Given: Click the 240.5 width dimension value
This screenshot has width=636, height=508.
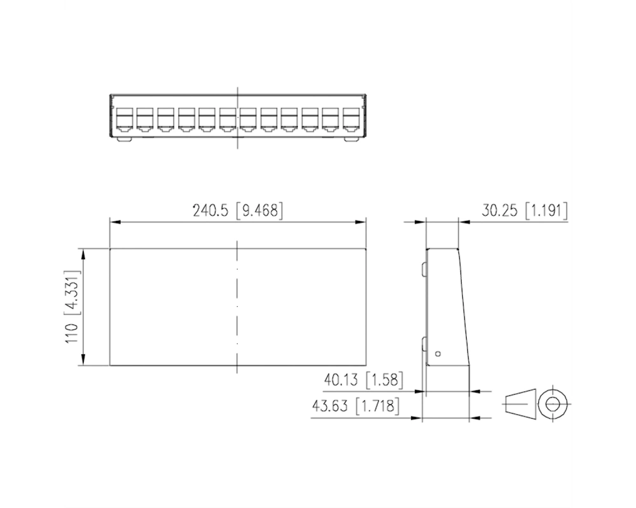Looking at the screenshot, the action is (211, 211).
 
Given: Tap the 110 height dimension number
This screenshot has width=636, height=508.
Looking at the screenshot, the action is (73, 333).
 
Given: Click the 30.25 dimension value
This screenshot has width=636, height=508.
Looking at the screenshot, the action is (499, 210).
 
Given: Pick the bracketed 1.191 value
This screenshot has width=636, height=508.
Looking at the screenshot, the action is (546, 211).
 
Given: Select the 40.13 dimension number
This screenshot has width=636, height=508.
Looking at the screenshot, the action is (341, 380).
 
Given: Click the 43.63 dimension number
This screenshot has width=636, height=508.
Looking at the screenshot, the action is (329, 406).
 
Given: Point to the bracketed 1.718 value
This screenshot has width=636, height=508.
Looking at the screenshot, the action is (377, 406).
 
